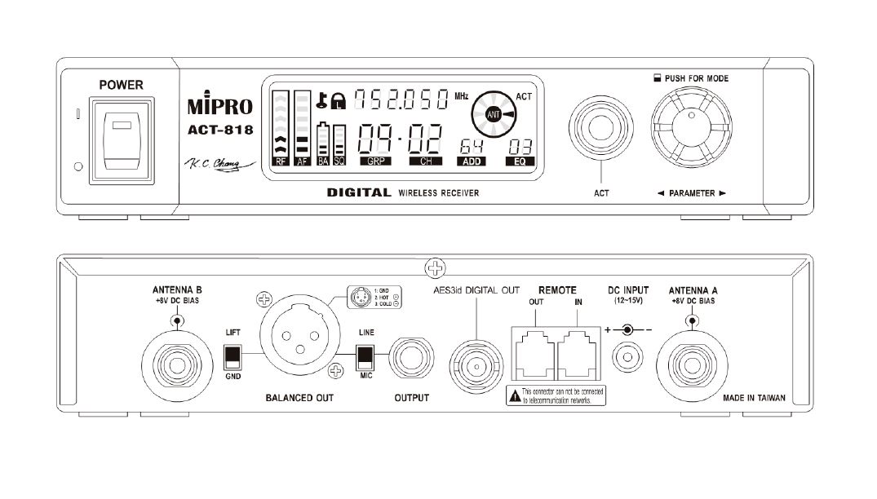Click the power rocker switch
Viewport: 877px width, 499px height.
tap(122, 139)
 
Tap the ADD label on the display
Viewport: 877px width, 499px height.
tap(471, 161)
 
